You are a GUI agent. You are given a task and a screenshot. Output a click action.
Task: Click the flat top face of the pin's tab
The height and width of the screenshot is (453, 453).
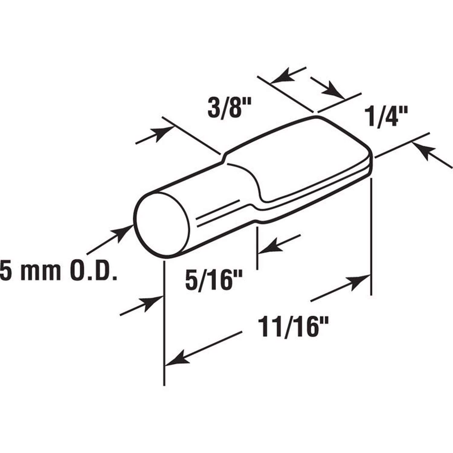click(302, 160)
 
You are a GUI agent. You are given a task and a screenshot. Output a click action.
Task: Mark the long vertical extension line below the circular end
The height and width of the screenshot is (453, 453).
click(164, 323)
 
